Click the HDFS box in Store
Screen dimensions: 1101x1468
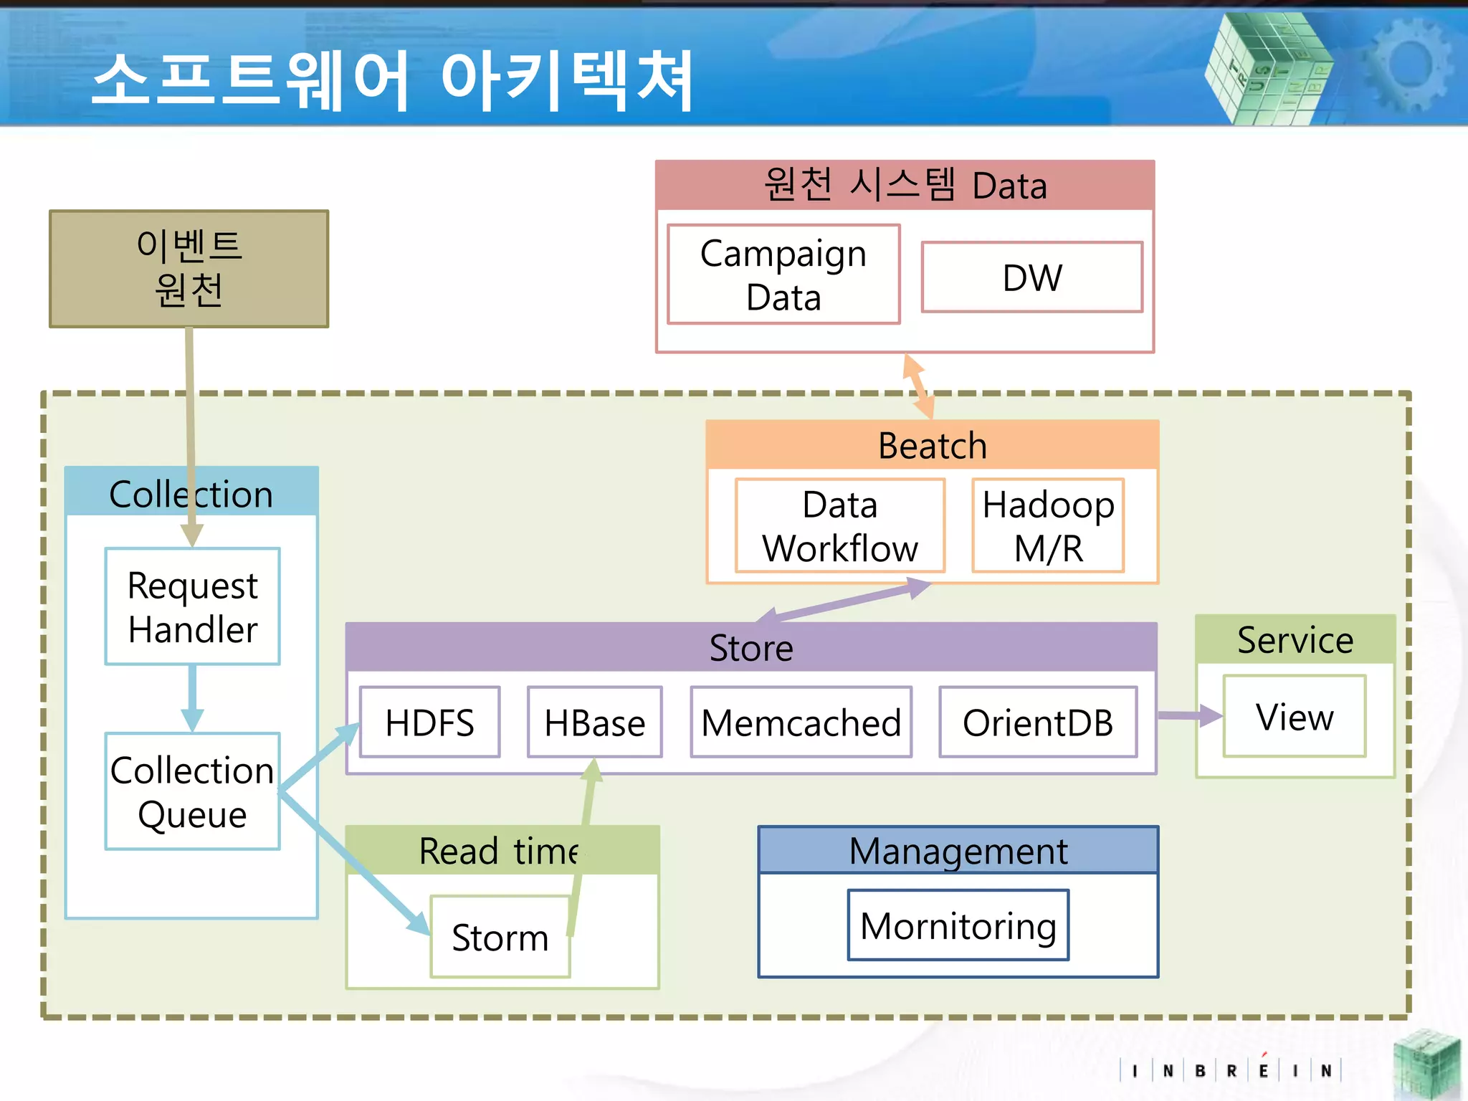(x=429, y=722)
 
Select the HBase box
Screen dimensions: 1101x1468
(x=594, y=722)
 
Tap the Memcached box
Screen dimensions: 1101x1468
(x=801, y=722)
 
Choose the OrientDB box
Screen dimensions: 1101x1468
(x=1037, y=722)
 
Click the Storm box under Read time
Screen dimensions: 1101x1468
(x=500, y=937)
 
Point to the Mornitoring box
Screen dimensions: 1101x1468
(x=958, y=925)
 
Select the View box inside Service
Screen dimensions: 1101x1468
(x=1294, y=716)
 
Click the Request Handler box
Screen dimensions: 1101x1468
(x=192, y=606)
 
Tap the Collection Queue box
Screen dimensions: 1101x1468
(x=192, y=791)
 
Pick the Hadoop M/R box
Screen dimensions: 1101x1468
(x=1048, y=525)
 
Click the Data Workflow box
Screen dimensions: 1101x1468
(x=839, y=525)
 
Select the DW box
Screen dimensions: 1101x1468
(x=1031, y=277)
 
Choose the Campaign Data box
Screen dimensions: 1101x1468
(x=783, y=275)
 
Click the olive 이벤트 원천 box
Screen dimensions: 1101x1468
(x=189, y=269)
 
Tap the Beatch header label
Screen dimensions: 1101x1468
(x=932, y=445)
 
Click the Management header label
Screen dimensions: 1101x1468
(x=958, y=851)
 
